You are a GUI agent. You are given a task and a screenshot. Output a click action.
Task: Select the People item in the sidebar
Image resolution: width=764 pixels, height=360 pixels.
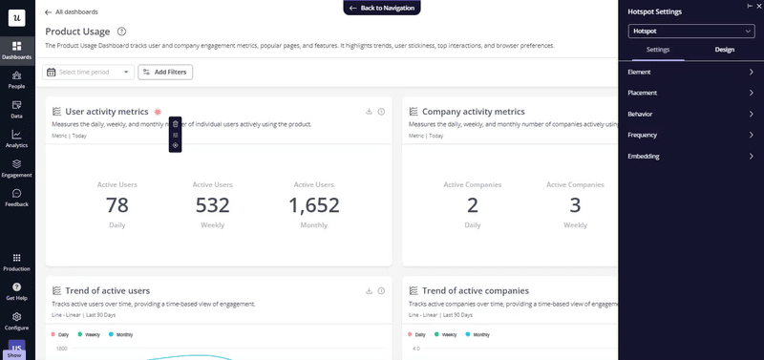click(x=17, y=79)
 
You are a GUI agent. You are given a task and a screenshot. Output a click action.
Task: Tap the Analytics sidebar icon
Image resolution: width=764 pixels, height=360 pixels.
click(x=17, y=138)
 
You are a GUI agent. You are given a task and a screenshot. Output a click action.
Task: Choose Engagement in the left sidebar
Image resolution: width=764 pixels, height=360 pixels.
click(x=17, y=168)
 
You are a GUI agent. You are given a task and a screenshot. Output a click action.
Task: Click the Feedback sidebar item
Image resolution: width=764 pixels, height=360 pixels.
click(x=17, y=198)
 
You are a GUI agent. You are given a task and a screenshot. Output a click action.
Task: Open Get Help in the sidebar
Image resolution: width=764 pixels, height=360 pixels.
click(x=17, y=290)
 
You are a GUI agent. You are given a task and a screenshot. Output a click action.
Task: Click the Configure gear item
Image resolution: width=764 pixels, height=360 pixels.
click(x=17, y=320)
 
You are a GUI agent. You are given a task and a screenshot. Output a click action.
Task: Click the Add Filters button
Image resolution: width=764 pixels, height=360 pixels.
click(x=164, y=72)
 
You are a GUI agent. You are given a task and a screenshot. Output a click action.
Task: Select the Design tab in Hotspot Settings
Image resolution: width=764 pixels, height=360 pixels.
click(x=725, y=50)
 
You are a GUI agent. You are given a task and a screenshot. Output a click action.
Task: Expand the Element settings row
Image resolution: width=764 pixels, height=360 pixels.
click(x=690, y=73)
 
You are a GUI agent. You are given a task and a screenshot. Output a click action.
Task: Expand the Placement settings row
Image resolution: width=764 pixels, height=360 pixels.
click(x=690, y=94)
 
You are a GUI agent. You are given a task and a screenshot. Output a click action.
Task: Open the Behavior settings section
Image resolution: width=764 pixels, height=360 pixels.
click(x=690, y=115)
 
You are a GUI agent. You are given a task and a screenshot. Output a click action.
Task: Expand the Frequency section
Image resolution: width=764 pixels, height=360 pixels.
click(x=690, y=136)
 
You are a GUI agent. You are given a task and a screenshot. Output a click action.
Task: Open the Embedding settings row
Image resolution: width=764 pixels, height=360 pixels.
click(x=690, y=157)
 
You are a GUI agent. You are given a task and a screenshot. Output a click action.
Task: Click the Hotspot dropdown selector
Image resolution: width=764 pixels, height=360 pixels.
click(x=690, y=32)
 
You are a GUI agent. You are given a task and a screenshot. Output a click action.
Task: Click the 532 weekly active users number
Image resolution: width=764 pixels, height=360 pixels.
click(x=212, y=204)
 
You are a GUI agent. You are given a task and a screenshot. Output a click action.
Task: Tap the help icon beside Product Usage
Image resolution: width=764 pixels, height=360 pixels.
click(x=121, y=32)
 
